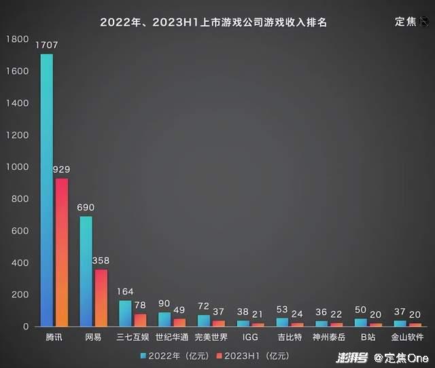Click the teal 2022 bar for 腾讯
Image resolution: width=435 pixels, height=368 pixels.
click(46, 190)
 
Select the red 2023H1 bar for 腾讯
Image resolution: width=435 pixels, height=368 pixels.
click(61, 252)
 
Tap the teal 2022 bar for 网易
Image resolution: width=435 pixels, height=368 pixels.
click(86, 272)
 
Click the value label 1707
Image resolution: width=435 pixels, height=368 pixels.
click(46, 45)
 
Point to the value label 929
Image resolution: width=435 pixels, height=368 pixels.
click(62, 169)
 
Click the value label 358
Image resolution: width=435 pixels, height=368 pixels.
click(101, 261)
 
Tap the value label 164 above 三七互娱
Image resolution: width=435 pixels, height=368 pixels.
click(126, 292)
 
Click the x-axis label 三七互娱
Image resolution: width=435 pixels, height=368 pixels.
click(133, 337)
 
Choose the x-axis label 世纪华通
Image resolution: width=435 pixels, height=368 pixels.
click(172, 337)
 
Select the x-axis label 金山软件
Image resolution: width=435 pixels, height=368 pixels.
click(407, 337)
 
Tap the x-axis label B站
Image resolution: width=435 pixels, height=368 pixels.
click(368, 337)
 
